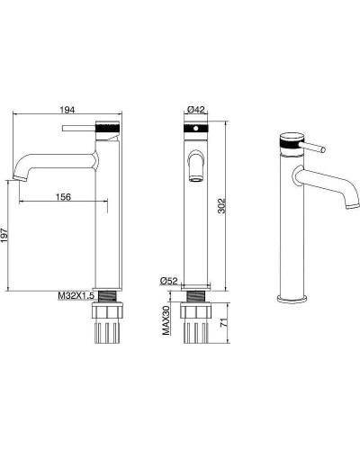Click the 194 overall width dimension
tap(67, 110)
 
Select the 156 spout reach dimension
tap(63, 197)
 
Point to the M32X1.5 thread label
tap(76, 296)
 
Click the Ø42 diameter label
tap(195, 110)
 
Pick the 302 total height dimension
tap(221, 206)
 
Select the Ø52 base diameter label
tap(169, 281)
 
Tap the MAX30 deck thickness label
tap(166, 320)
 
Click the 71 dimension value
tap(222, 323)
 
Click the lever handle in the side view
tap(79, 128)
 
